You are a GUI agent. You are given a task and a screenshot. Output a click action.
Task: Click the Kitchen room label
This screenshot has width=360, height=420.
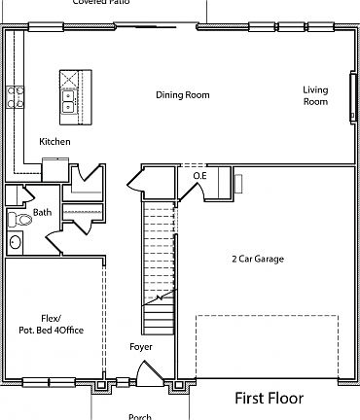tap(54, 142)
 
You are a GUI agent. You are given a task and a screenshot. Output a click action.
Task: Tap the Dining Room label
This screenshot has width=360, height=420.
tap(183, 95)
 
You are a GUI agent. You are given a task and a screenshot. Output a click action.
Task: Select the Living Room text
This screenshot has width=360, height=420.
tap(314, 95)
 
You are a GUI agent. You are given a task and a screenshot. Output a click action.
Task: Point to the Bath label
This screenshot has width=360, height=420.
tap(42, 212)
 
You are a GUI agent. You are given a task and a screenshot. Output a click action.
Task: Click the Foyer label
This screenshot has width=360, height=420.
tap(141, 346)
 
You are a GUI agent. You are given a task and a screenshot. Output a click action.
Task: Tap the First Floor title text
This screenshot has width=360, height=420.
tap(269, 398)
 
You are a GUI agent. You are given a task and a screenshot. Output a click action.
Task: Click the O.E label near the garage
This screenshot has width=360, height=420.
tap(199, 176)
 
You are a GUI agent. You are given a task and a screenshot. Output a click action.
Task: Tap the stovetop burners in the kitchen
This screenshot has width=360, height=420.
tap(17, 95)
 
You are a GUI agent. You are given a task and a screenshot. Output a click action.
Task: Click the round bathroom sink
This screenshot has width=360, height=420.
tap(16, 242)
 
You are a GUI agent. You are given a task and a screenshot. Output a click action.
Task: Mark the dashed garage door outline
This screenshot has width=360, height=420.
tap(267, 345)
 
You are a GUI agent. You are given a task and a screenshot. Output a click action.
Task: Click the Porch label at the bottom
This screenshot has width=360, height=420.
tap(139, 416)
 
